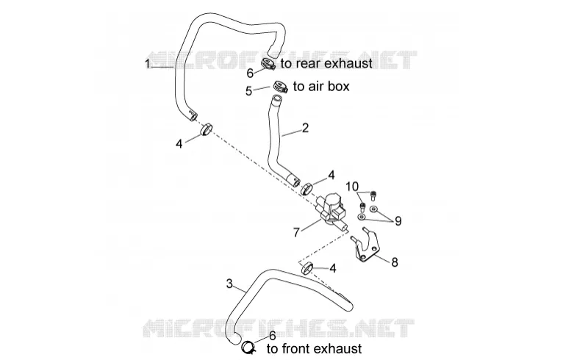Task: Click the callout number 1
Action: point(148,64)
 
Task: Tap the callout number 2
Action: point(305,128)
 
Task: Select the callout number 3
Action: point(230,283)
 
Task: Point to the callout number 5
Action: point(248,91)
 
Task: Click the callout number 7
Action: point(296,232)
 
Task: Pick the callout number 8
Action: point(395,262)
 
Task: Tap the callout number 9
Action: point(398,221)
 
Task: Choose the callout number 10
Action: point(352,187)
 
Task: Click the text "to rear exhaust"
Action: point(326,63)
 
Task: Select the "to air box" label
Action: point(321,86)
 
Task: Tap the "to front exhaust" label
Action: point(315,349)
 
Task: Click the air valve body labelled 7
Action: point(331,212)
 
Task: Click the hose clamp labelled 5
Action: point(280,87)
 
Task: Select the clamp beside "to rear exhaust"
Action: point(268,64)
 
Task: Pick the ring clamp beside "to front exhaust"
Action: point(248,348)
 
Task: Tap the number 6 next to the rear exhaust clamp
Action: point(250,73)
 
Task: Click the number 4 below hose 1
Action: point(179,143)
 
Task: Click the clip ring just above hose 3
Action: point(306,268)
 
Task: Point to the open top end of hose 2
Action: point(276,99)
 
